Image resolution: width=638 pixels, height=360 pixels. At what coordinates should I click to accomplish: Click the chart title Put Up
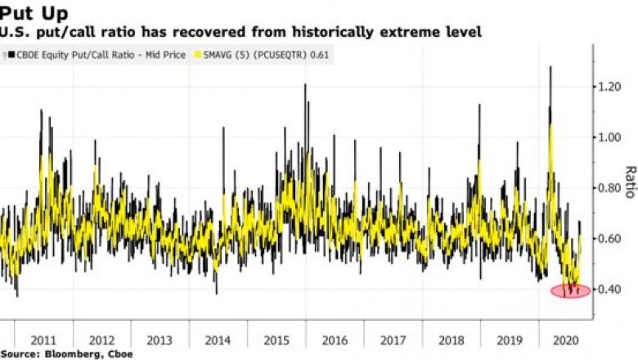pyautogui.click(x=34, y=12)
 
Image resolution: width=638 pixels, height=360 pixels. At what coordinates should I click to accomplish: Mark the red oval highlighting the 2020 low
pyautogui.click(x=570, y=290)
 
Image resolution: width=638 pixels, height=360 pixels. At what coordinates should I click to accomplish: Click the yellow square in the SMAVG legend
pyautogui.click(x=195, y=56)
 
